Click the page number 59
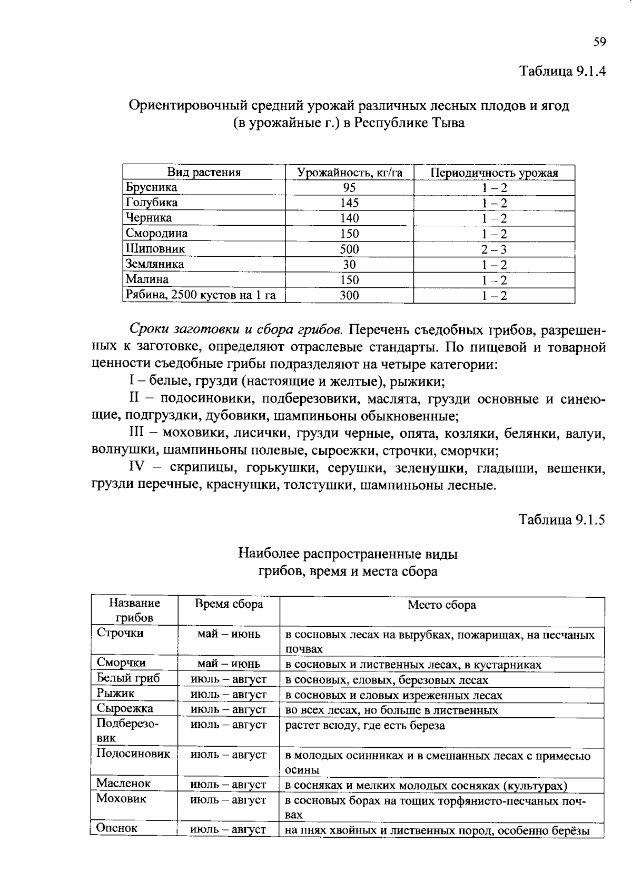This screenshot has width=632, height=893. (x=599, y=43)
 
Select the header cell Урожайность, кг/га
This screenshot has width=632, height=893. (x=349, y=173)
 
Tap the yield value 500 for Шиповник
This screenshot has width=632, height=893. (x=349, y=249)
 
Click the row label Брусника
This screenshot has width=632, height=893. (x=151, y=188)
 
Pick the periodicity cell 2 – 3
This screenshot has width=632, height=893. (x=493, y=249)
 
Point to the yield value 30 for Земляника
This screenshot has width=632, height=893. (x=349, y=265)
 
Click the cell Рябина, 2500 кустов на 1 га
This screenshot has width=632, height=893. (x=200, y=295)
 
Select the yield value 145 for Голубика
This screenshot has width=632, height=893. (x=349, y=203)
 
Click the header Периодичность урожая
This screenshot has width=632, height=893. (x=494, y=173)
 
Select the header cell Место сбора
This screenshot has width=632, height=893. (x=441, y=605)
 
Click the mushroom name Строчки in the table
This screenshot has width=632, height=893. (x=120, y=633)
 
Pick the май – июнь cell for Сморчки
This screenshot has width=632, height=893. (x=229, y=664)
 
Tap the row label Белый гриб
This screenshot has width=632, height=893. (x=128, y=678)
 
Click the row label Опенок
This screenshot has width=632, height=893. (x=117, y=828)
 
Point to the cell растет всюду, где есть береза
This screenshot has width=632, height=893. (x=364, y=726)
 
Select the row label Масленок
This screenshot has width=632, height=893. (x=123, y=784)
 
